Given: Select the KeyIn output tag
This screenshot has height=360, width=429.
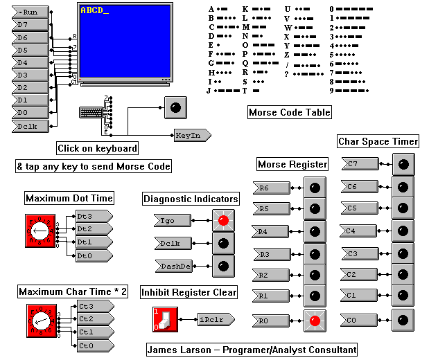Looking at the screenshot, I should coord(188,136).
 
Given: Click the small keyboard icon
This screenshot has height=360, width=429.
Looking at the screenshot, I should coord(90,113).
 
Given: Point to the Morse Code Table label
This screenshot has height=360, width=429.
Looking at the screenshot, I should coord(289,112).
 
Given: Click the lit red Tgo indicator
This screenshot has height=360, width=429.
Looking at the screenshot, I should coord(223,221).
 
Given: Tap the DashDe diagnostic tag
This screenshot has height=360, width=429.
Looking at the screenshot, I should coord(170,267).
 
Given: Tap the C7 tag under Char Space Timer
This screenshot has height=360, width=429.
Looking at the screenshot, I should coord(358,164).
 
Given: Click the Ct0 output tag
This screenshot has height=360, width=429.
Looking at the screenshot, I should coord(94,345).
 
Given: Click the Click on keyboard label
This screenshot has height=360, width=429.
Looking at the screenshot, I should coord(97,148).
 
